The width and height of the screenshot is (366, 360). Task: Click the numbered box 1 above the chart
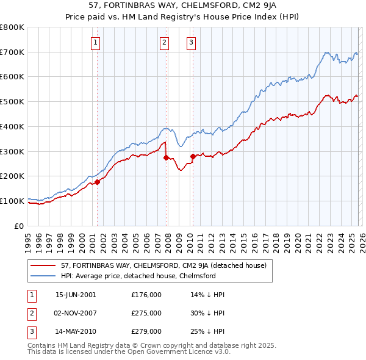tap(96, 42)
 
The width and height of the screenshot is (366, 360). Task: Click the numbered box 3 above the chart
tap(191, 42)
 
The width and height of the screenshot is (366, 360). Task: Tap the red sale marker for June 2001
tap(97, 181)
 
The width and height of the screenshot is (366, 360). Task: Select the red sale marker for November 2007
tap(166, 157)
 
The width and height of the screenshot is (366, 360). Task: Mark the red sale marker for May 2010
tap(193, 156)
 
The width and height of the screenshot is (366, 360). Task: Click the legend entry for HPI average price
tap(138, 276)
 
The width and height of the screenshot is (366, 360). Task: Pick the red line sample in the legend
tap(44, 265)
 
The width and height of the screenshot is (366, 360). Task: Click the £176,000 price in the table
tap(146, 294)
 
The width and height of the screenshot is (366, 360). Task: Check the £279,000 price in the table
tap(146, 332)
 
